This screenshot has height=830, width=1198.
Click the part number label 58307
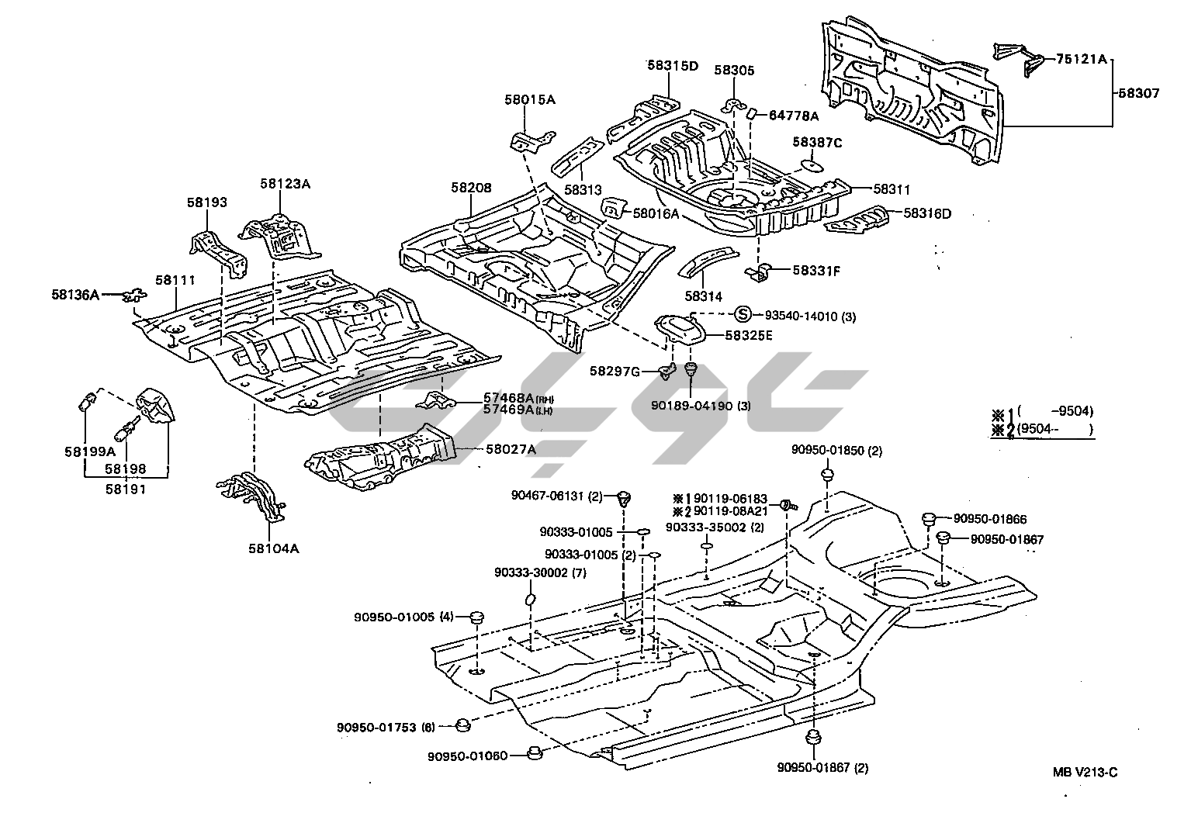click(x=1139, y=93)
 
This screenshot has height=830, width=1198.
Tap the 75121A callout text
click(x=1081, y=60)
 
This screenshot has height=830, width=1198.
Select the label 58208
click(x=471, y=188)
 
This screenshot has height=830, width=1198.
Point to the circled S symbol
click(x=743, y=315)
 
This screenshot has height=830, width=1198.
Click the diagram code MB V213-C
click(x=1085, y=772)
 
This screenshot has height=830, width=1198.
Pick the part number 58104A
click(x=273, y=548)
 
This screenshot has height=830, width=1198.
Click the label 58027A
click(x=511, y=448)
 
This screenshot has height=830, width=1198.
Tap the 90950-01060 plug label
click(x=467, y=756)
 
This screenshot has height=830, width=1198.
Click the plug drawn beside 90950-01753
click(x=462, y=726)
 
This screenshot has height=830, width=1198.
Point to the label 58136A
click(x=75, y=294)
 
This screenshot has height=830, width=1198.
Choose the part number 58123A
click(x=285, y=184)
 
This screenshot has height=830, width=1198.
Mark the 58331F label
click(x=817, y=271)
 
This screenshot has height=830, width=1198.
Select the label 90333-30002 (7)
click(x=540, y=572)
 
